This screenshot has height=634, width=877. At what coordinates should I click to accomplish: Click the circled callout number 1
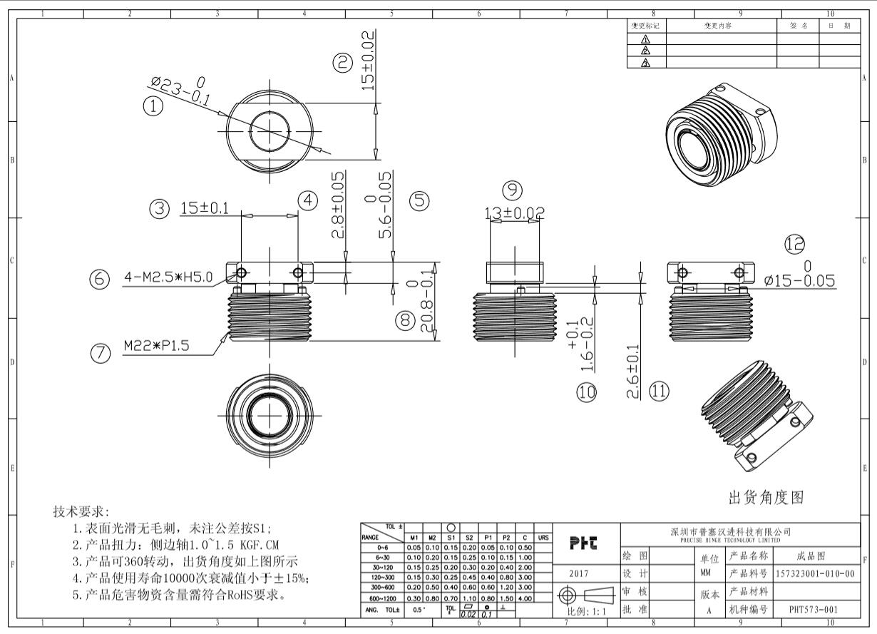pyautogui.click(x=153, y=106)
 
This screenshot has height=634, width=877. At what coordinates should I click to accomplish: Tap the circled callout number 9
pyautogui.click(x=512, y=190)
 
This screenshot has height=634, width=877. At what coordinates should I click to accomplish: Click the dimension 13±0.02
pyautogui.click(x=513, y=213)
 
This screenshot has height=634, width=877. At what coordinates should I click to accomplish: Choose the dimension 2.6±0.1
pyautogui.click(x=632, y=373)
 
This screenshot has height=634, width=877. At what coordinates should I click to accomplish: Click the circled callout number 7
pyautogui.click(x=101, y=352)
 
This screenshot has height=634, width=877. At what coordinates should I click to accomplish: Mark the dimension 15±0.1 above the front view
pyautogui.click(x=205, y=208)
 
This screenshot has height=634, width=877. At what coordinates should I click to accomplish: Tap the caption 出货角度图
pyautogui.click(x=765, y=496)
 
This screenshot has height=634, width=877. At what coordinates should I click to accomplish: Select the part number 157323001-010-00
pyautogui.click(x=814, y=573)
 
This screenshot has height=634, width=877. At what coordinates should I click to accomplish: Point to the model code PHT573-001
pyautogui.click(x=814, y=610)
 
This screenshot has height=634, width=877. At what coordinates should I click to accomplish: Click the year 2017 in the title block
pyautogui.click(x=578, y=573)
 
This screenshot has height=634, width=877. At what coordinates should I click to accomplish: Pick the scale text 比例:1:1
pyautogui.click(x=586, y=611)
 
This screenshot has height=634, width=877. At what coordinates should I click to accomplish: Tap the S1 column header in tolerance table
pyautogui.click(x=451, y=538)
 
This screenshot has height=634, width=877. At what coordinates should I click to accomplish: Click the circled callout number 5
pyautogui.click(x=419, y=201)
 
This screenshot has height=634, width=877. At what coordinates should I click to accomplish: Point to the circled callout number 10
pyautogui.click(x=587, y=392)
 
